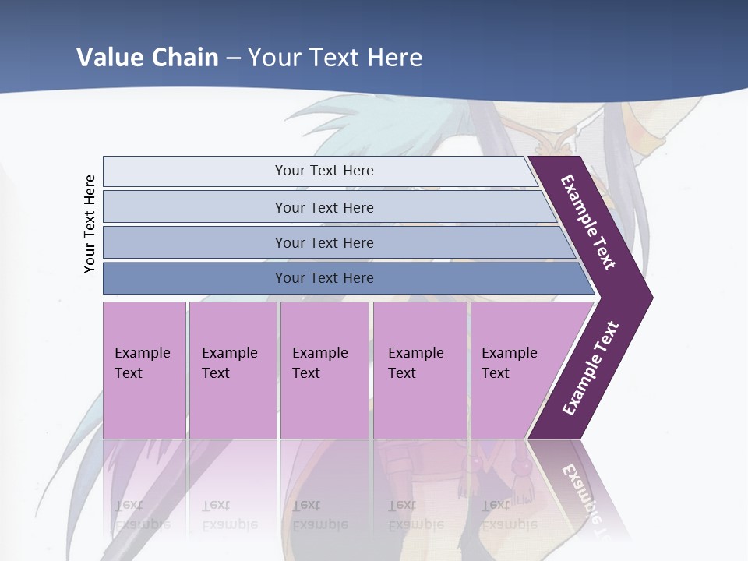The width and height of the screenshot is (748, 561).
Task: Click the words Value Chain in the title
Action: click(147, 57)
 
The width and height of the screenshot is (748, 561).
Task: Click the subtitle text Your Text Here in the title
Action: click(335, 57)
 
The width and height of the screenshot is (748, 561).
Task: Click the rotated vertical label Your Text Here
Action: click(90, 224)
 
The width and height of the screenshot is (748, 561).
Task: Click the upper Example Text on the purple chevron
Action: click(588, 222)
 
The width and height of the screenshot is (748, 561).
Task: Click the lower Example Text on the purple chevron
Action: click(591, 369)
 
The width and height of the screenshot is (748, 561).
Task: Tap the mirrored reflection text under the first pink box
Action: click(143, 515)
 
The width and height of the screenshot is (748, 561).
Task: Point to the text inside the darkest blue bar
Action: click(324, 278)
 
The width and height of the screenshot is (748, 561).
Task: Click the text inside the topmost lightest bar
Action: click(324, 171)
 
